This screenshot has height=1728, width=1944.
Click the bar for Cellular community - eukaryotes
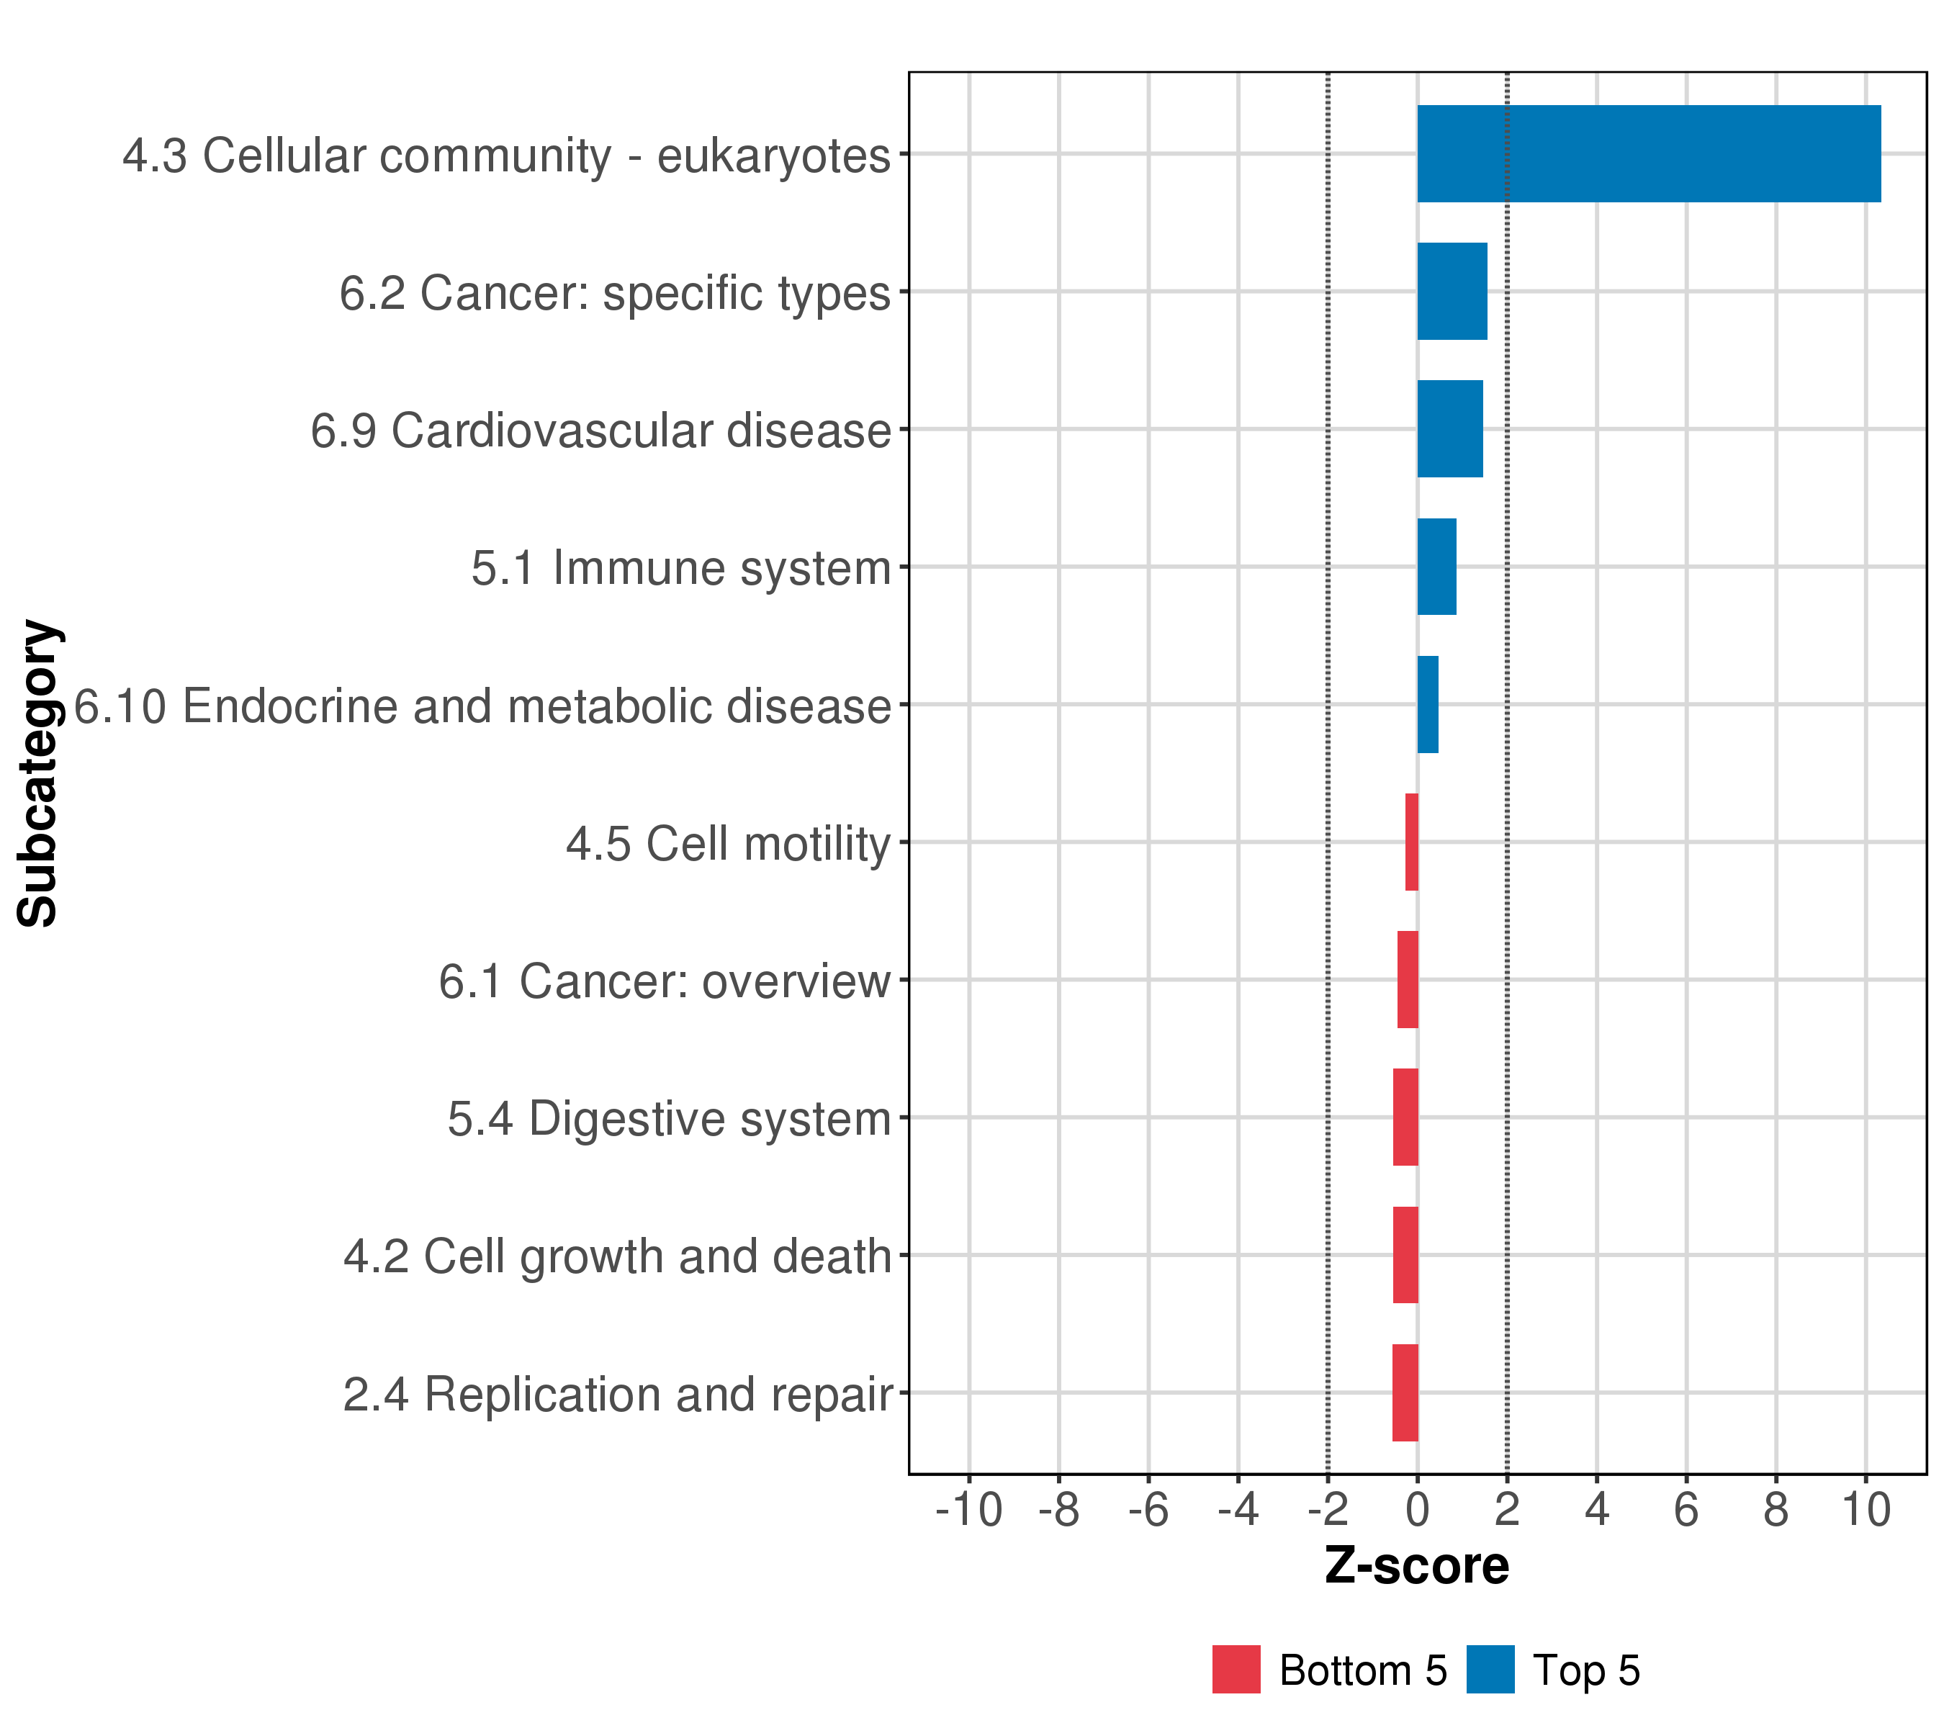tap(1648, 154)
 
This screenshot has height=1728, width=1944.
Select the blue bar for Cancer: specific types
tap(1452, 291)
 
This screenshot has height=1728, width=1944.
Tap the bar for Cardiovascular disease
tap(1449, 429)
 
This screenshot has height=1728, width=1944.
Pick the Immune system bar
tap(1436, 567)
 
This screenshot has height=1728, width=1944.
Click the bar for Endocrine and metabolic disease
tap(1428, 705)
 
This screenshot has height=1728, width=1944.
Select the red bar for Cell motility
tap(1411, 842)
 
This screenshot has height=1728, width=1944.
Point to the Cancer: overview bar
tap(1408, 979)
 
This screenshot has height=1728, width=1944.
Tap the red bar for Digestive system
tap(1405, 1117)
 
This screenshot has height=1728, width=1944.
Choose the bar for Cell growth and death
tap(1405, 1256)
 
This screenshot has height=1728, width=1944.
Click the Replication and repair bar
tap(1405, 1393)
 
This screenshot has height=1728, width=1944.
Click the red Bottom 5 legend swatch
tap(1236, 1670)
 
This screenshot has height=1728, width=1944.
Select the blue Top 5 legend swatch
tap(1490, 1670)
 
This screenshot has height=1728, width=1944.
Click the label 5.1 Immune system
tap(681, 569)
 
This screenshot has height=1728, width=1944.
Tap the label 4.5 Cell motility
tap(728, 845)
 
